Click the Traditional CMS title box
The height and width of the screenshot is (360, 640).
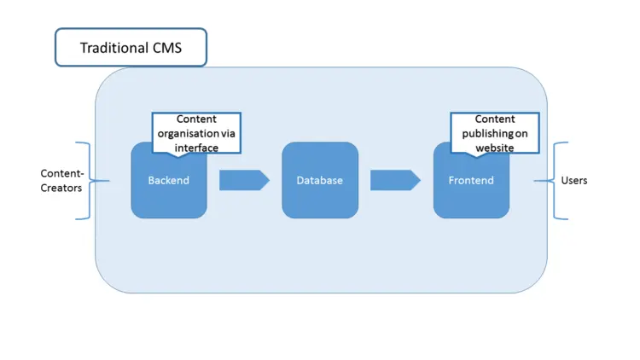click(131, 47)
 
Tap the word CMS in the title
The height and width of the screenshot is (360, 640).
click(166, 48)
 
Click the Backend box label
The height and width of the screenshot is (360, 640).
click(168, 181)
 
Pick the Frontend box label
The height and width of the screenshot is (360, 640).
click(471, 181)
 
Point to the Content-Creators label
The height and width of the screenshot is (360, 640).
click(61, 180)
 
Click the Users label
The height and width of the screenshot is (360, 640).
click(573, 181)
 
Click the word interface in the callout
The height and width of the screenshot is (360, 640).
click(196, 148)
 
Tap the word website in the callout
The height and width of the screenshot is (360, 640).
click(495, 148)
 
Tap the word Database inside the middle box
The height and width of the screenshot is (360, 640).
click(320, 181)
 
